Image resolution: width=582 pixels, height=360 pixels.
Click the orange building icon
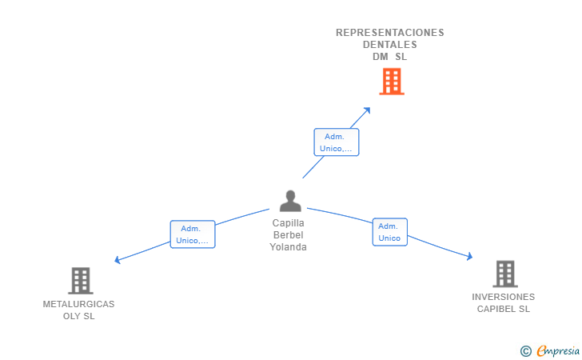pyautogui.click(x=391, y=81)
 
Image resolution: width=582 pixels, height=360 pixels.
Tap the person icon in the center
pyautogui.click(x=290, y=201)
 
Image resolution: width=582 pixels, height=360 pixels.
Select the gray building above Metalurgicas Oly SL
pyautogui.click(x=80, y=281)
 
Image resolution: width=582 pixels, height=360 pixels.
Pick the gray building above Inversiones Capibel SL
pyautogui.click(x=504, y=274)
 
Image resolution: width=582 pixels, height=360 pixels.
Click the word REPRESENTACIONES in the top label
pyautogui.click(x=390, y=33)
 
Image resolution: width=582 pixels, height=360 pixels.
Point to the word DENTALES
pyautogui.click(x=390, y=45)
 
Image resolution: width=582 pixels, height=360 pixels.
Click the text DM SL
pyautogui.click(x=390, y=57)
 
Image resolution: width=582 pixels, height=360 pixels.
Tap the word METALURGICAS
pyautogui.click(x=78, y=304)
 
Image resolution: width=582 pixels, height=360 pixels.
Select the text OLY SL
pyautogui.click(x=78, y=316)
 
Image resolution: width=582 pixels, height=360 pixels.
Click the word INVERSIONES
pyautogui.click(x=503, y=297)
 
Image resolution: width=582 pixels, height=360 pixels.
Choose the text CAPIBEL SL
pyautogui.click(x=503, y=309)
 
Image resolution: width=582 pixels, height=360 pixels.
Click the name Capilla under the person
pyautogui.click(x=288, y=223)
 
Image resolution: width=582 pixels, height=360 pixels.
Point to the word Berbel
pyautogui.click(x=288, y=235)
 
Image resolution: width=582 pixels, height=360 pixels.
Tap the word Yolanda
pyautogui.click(x=288, y=247)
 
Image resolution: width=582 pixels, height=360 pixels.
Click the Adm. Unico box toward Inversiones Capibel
pyautogui.click(x=389, y=232)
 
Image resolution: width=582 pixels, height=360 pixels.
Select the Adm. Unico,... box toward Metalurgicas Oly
pyautogui.click(x=193, y=234)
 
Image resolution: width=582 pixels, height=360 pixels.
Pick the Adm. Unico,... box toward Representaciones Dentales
pyautogui.click(x=336, y=142)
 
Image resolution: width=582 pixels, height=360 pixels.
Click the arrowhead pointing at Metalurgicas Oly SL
pyautogui.click(x=118, y=260)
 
